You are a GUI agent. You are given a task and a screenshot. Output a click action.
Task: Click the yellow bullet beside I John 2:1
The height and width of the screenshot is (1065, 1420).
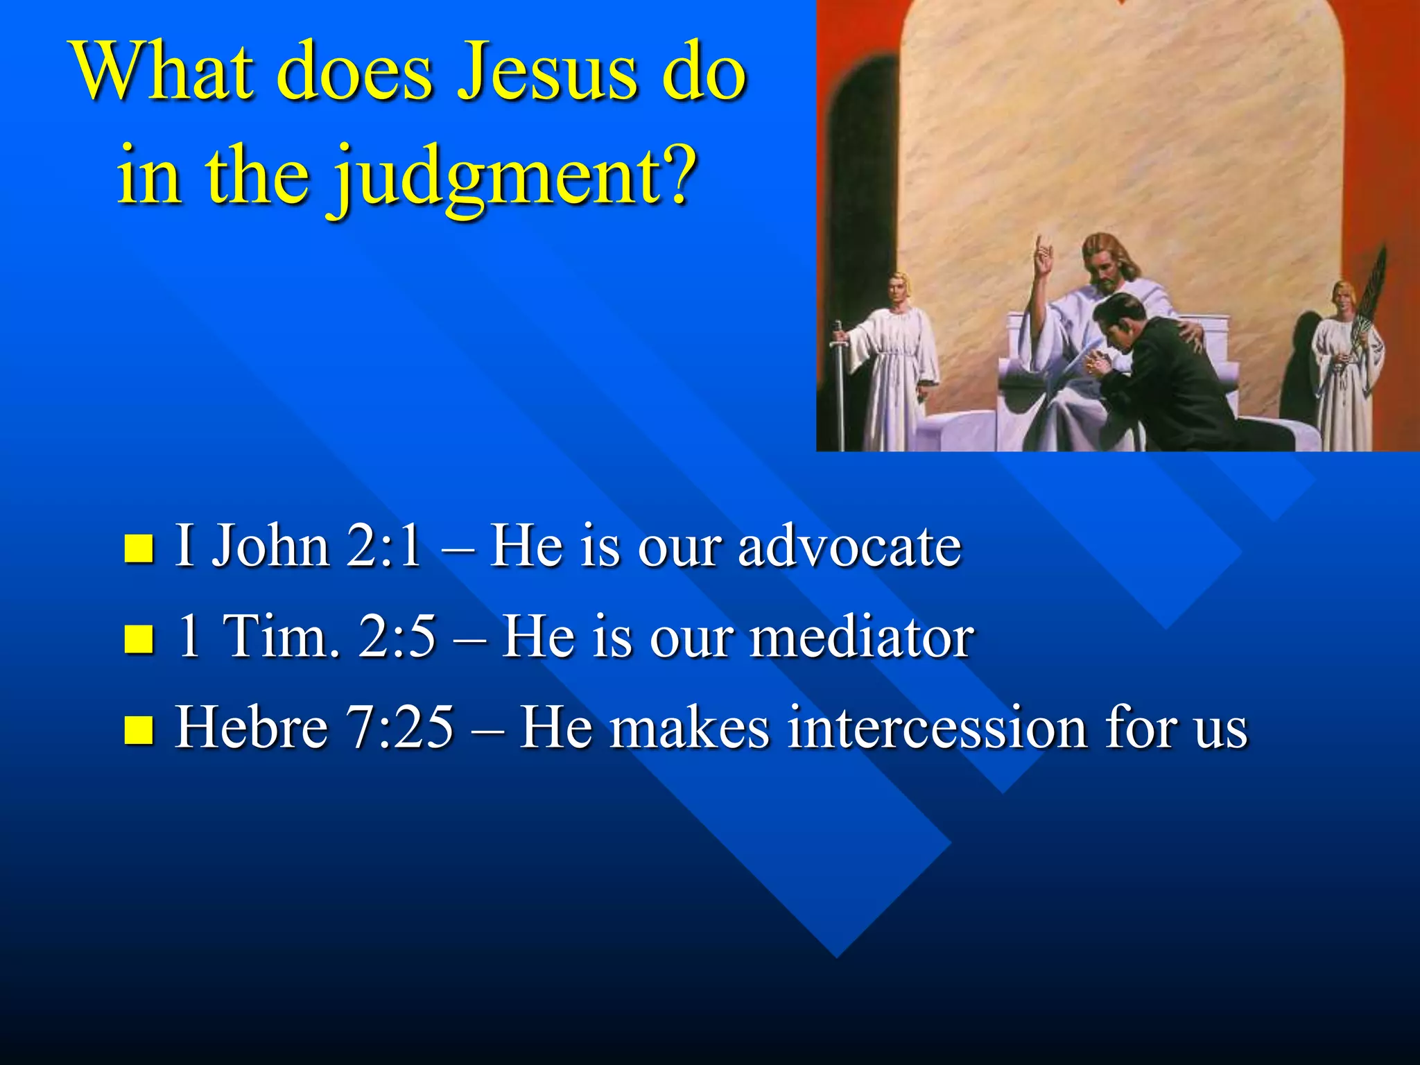pyautogui.click(x=139, y=548)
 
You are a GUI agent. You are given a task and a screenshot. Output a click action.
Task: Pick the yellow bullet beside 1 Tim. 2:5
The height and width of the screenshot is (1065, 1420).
pyautogui.click(x=139, y=639)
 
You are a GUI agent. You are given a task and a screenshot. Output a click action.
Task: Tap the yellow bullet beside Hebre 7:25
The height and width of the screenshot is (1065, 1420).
pyautogui.click(x=139, y=729)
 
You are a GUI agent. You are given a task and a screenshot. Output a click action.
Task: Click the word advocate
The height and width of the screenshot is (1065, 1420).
pyautogui.click(x=849, y=546)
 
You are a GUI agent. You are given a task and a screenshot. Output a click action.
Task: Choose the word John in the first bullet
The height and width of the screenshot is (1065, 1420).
pyautogui.click(x=270, y=546)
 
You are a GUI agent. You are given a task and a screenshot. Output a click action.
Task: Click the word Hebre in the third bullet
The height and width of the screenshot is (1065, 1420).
pyautogui.click(x=251, y=728)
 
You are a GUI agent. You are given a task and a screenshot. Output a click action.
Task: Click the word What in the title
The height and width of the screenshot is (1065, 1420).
pyautogui.click(x=163, y=73)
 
